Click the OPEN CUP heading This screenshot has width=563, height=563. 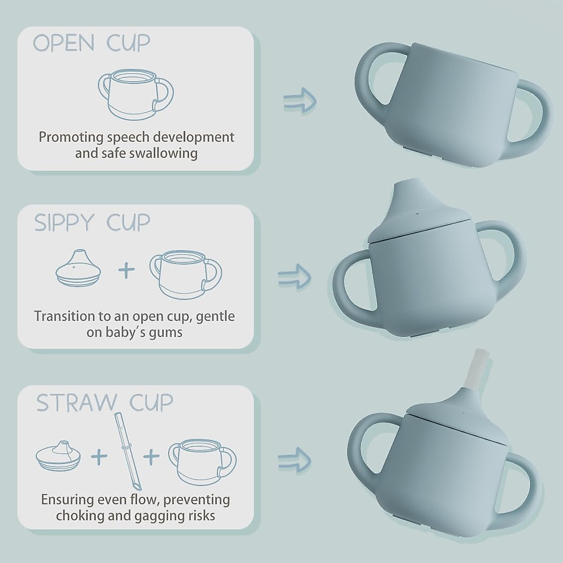click(x=91, y=43)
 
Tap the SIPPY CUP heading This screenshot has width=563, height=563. click(x=92, y=222)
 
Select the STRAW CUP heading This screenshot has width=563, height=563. click(x=105, y=403)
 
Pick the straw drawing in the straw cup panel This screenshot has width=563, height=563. click(x=125, y=450)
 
